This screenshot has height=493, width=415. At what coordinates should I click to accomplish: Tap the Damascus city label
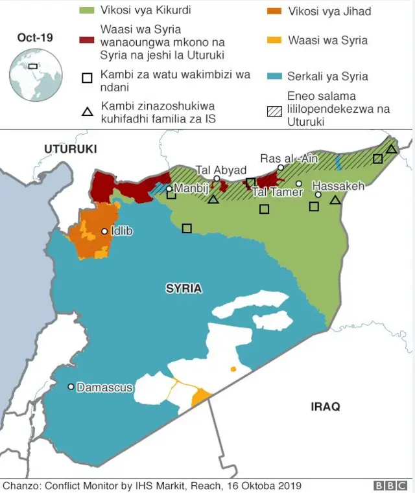pos(104,387)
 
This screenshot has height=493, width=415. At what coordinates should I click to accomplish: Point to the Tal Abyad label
pos(221,170)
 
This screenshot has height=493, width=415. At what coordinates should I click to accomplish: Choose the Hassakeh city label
pos(338,185)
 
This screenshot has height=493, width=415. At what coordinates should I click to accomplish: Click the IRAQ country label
pos(325,407)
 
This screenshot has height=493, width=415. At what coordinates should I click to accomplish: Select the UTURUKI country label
pos(70,149)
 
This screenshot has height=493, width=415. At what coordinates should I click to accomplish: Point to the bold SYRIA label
pos(184,289)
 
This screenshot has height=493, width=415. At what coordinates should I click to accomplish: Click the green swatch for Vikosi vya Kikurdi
pos(87,11)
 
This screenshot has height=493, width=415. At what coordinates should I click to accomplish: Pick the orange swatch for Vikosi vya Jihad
pos(274,11)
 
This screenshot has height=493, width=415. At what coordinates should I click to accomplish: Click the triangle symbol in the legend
pos(87,112)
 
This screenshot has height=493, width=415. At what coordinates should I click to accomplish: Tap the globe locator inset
pos(36,75)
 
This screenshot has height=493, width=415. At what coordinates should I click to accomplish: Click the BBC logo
pos(389,485)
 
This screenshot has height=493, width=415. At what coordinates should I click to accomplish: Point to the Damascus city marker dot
pos(71,387)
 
